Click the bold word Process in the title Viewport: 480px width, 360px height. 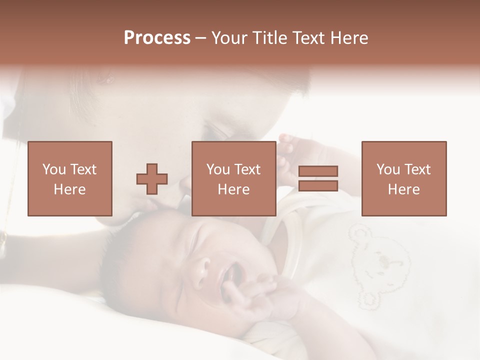[x=157, y=38]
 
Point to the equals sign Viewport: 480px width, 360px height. [x=318, y=178]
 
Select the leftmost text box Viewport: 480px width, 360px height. [x=70, y=178]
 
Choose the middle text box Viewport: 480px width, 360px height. [x=234, y=178]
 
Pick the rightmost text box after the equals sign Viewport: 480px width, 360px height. [x=404, y=178]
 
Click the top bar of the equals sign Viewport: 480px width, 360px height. [x=318, y=171]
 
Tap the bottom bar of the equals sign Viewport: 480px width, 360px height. [x=318, y=185]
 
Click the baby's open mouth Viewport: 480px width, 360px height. [x=233, y=274]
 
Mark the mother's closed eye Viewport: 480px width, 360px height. [x=220, y=132]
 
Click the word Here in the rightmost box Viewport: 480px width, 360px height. [x=404, y=189]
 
